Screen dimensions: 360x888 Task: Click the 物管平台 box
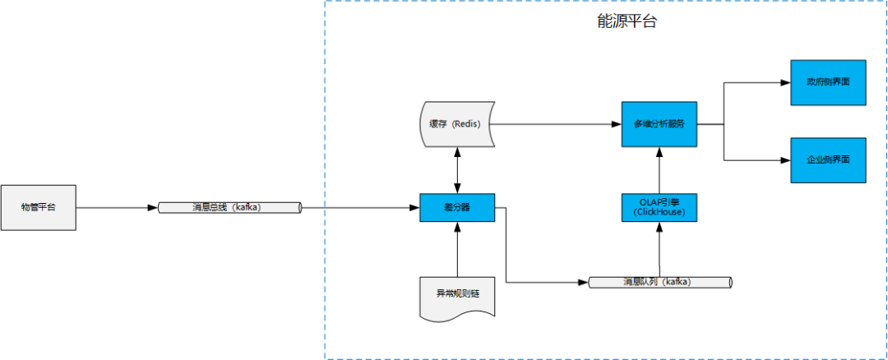39,208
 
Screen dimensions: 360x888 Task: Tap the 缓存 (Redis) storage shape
456,124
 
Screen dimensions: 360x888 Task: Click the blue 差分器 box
456,208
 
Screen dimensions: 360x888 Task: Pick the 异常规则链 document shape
457,295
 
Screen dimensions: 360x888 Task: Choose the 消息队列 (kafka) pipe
659,283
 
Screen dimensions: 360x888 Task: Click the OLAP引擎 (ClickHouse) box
659,207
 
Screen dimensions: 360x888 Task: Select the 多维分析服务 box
659,124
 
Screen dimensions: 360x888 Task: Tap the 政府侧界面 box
828,83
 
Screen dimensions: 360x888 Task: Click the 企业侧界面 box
828,160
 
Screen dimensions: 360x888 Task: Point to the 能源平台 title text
627,23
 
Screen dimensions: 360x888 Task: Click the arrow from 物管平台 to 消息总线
115,208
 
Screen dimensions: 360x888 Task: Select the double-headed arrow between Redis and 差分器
457,170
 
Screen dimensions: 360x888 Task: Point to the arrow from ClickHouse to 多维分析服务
659,169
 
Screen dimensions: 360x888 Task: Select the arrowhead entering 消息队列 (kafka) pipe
584,283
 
